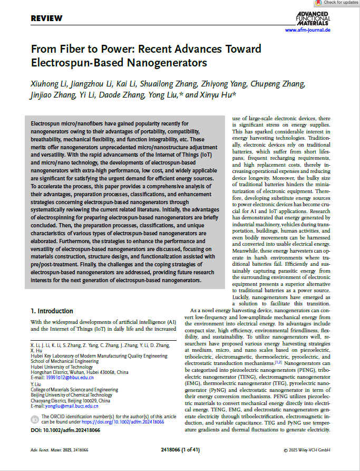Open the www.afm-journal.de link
(x=307, y=31)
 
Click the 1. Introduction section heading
(x=52, y=311)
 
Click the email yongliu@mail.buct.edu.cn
(x=65, y=406)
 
